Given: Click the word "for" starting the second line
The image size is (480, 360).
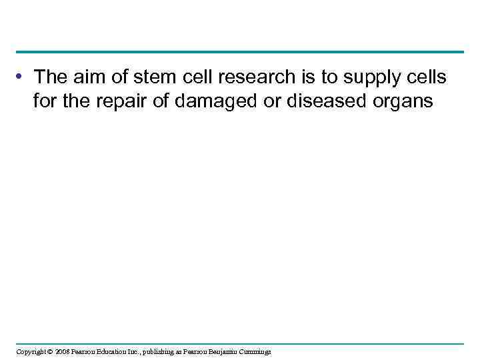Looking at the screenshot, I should (x=43, y=102).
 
